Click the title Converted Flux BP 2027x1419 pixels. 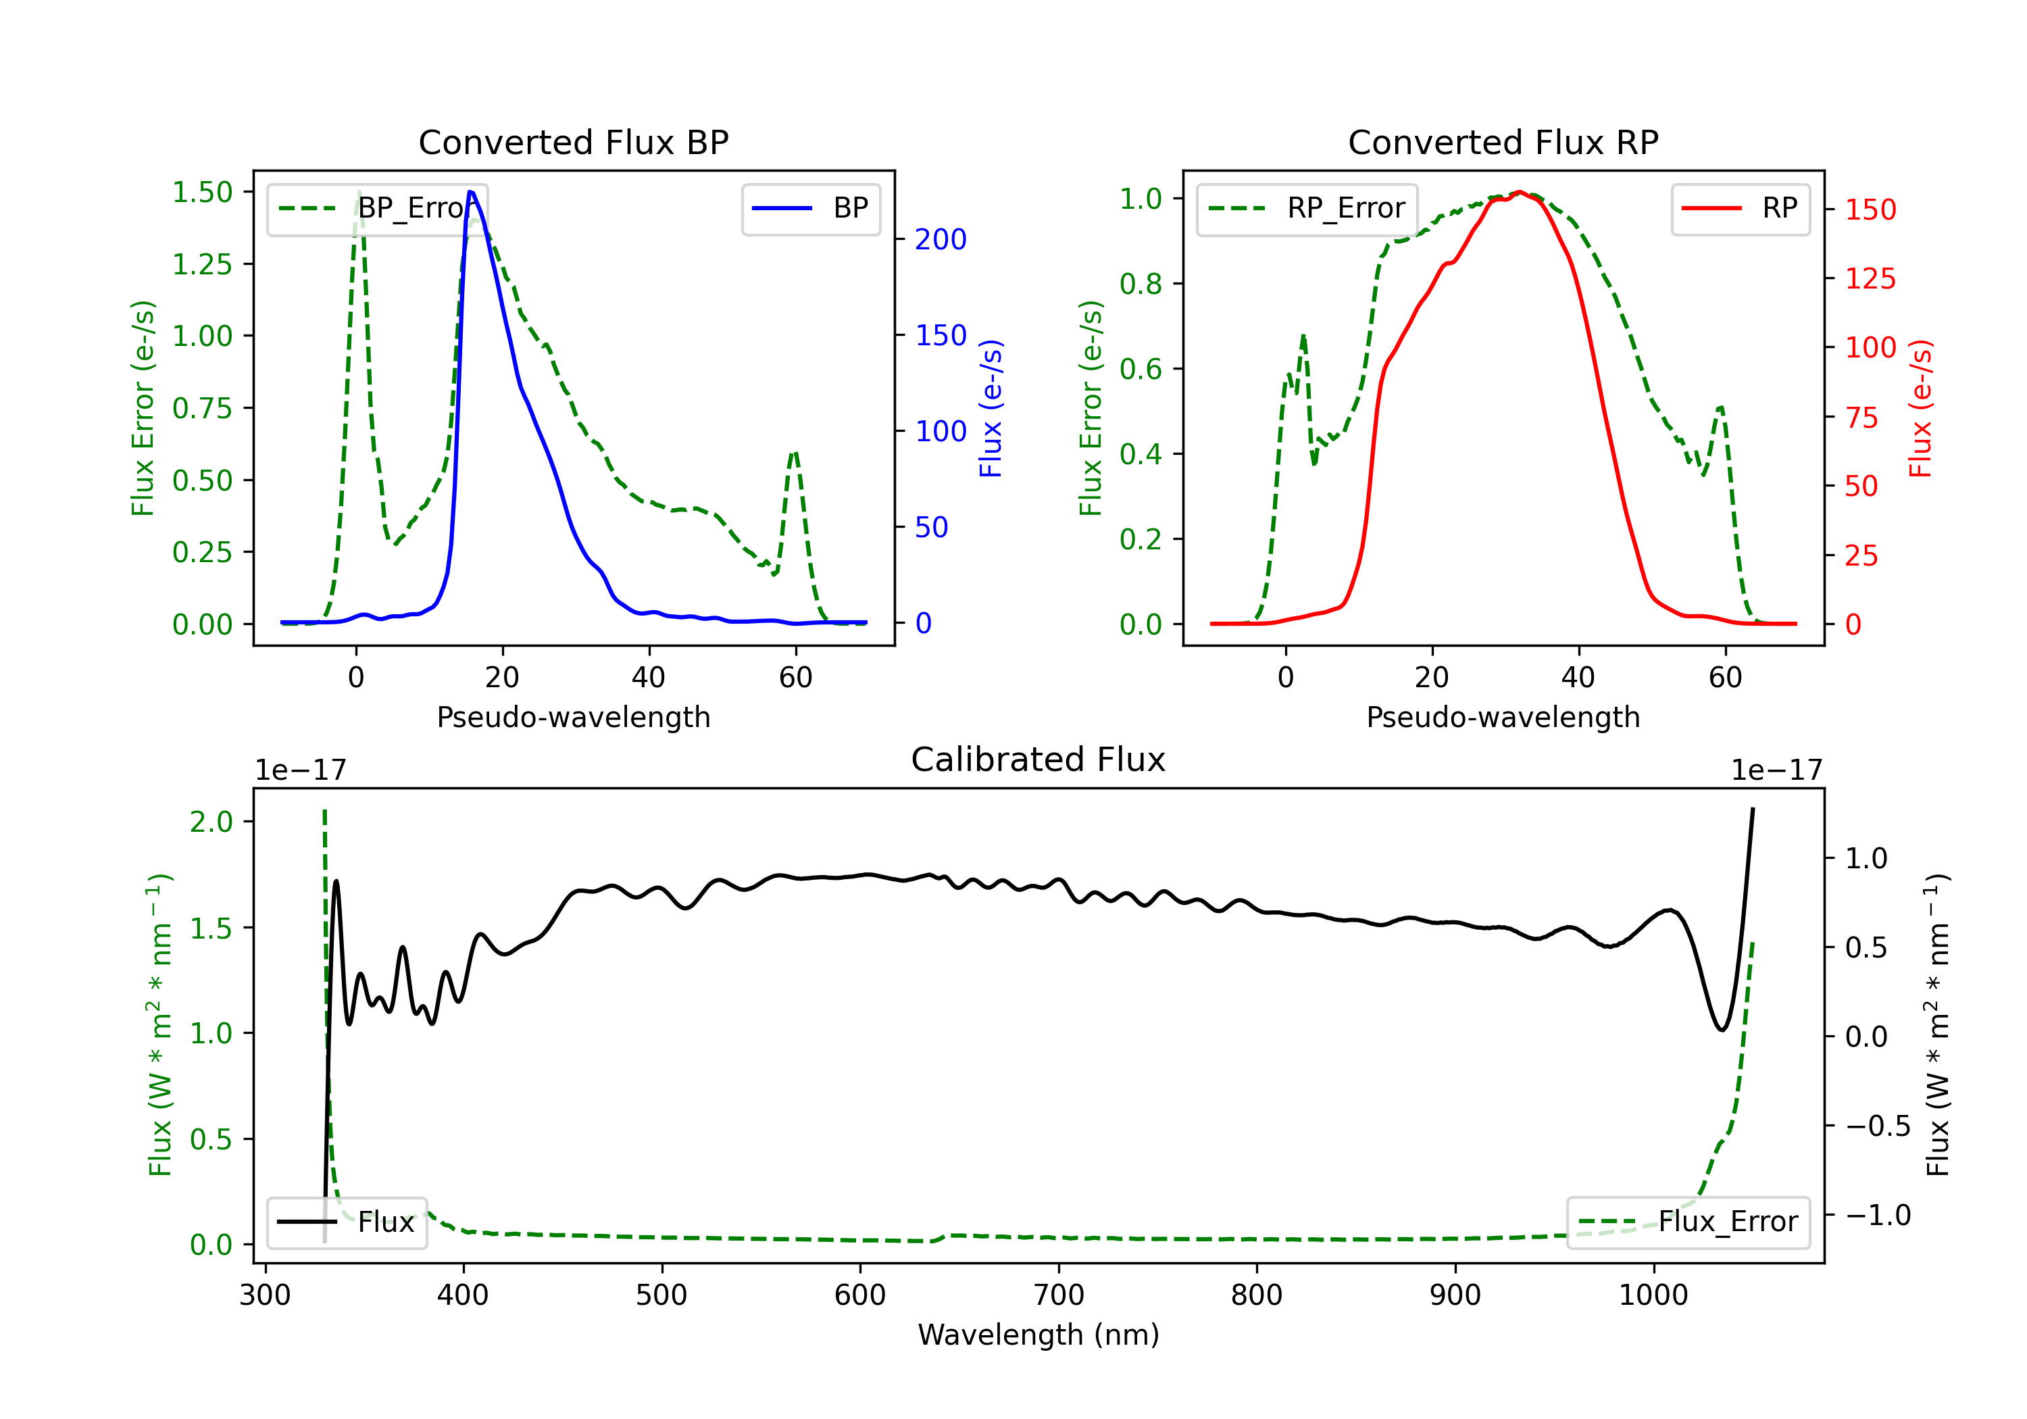coord(573,142)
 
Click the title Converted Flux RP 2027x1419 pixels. coord(1503,142)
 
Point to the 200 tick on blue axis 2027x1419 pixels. coord(941,239)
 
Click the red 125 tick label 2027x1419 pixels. coord(1870,279)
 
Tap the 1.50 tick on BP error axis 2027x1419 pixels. coord(202,193)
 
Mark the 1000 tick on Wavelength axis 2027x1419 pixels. coord(1653,1295)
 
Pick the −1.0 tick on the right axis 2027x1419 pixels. coord(1877,1215)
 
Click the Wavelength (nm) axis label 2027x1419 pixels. coord(1038,1335)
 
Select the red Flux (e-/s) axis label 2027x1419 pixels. coord(1921,408)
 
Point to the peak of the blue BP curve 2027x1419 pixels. coord(470,192)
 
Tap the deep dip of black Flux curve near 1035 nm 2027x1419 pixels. coord(1722,1030)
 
